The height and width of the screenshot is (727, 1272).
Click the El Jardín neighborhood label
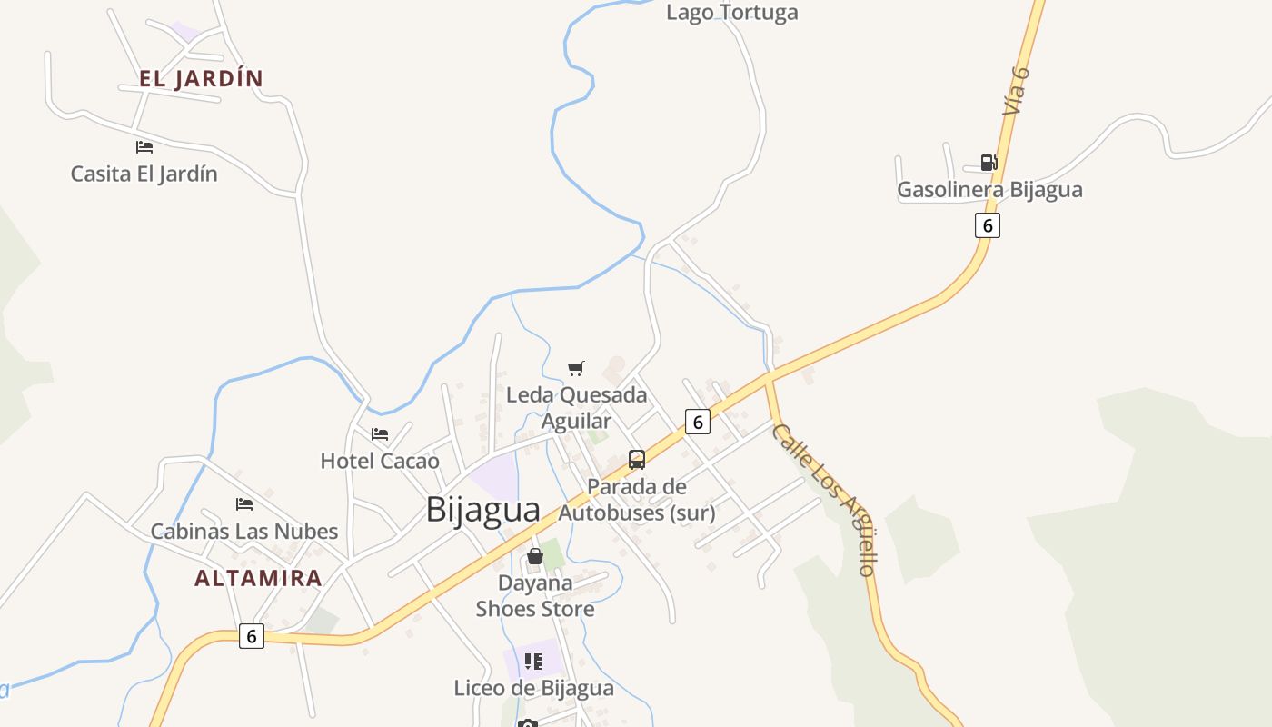tap(201, 78)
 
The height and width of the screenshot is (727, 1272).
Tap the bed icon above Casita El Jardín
tap(144, 146)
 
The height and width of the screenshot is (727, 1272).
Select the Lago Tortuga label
tap(731, 13)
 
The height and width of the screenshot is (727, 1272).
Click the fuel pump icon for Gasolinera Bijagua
tap(989, 163)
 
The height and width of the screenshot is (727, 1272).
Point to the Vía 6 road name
tap(1017, 90)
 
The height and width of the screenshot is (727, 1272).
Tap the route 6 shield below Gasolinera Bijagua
tap(988, 224)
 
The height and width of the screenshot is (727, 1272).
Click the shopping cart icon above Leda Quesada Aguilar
tap(576, 368)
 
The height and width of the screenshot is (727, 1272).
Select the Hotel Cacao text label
tap(380, 461)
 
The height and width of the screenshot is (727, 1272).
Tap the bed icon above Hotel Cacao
tap(380, 434)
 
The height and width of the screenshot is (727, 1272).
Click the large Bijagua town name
tap(482, 510)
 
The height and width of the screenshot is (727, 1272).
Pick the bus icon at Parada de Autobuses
tap(637, 459)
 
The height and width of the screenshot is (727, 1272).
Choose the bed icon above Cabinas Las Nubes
tap(243, 503)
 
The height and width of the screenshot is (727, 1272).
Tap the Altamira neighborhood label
tap(258, 578)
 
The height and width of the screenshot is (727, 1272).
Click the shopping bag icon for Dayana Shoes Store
tap(535, 556)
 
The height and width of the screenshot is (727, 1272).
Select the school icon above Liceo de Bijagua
tap(533, 662)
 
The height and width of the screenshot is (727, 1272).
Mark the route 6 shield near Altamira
tap(252, 635)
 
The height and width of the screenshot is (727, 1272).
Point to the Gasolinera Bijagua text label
tap(989, 190)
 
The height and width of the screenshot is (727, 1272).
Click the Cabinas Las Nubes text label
tap(243, 532)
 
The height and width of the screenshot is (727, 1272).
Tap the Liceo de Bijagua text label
tap(533, 688)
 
